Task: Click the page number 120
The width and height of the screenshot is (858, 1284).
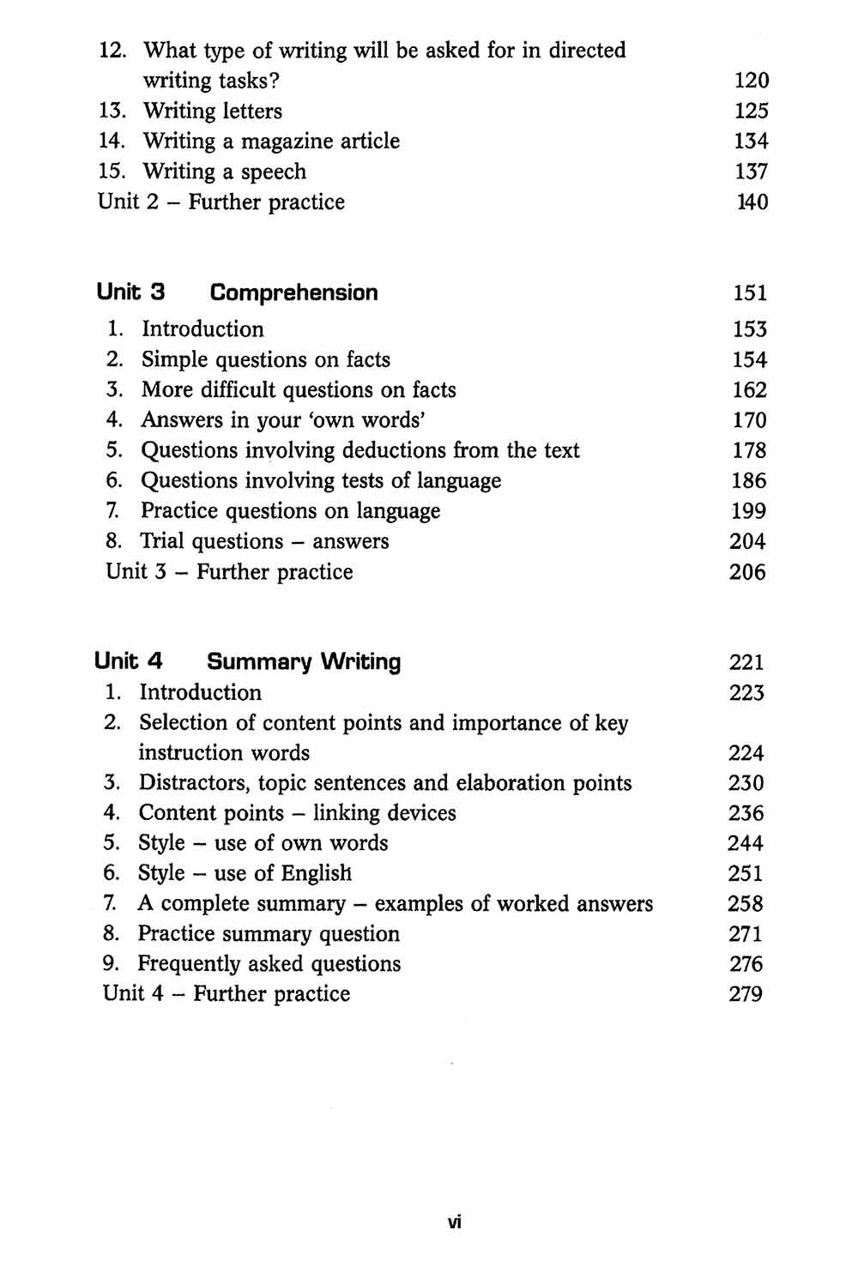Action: [752, 81]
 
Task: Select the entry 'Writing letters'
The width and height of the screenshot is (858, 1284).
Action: [212, 112]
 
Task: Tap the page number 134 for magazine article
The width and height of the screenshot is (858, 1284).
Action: [751, 142]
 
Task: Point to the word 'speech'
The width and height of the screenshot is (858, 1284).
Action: [273, 172]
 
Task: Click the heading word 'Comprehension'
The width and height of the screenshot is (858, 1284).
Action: [293, 292]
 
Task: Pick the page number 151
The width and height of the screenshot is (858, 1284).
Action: [750, 292]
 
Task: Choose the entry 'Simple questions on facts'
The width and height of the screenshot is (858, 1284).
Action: [265, 359]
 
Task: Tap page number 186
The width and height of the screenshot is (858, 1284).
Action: [749, 480]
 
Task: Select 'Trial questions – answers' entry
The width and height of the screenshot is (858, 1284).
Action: [264, 541]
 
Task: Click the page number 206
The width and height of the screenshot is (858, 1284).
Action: [747, 572]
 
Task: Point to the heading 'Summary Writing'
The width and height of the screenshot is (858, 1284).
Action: [304, 661]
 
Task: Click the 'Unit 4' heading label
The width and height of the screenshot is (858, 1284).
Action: [129, 661]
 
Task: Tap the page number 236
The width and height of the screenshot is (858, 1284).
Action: [746, 813]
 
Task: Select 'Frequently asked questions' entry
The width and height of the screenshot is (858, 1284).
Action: [269, 964]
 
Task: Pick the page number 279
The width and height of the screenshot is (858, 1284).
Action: [746, 994]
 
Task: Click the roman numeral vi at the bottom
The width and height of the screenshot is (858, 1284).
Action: [455, 1222]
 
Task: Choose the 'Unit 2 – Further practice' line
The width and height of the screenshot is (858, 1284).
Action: [221, 202]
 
